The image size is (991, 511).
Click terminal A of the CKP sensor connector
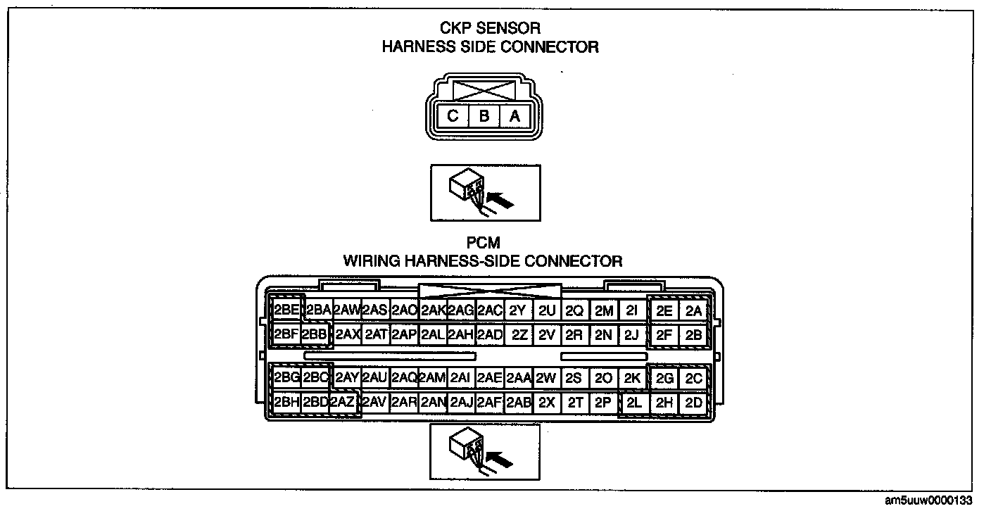(x=515, y=117)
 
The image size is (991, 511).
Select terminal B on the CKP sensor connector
(x=484, y=117)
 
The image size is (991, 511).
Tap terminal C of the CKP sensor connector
(x=453, y=117)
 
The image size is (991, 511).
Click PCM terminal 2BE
(x=286, y=310)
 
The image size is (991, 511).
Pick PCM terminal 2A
(x=693, y=310)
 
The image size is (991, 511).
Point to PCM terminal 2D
(x=693, y=403)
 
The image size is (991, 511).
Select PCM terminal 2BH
(x=286, y=403)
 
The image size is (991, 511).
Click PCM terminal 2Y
(x=517, y=310)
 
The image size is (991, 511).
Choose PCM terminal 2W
(x=545, y=379)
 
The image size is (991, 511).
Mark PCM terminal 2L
(x=633, y=403)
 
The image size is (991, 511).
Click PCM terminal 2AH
(x=460, y=335)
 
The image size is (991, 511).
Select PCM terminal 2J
(x=631, y=335)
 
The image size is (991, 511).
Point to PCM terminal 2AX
(x=347, y=335)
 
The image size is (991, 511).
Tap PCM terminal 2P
(x=602, y=403)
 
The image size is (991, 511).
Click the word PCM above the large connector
(x=484, y=244)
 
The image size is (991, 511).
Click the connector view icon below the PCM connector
(x=484, y=451)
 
